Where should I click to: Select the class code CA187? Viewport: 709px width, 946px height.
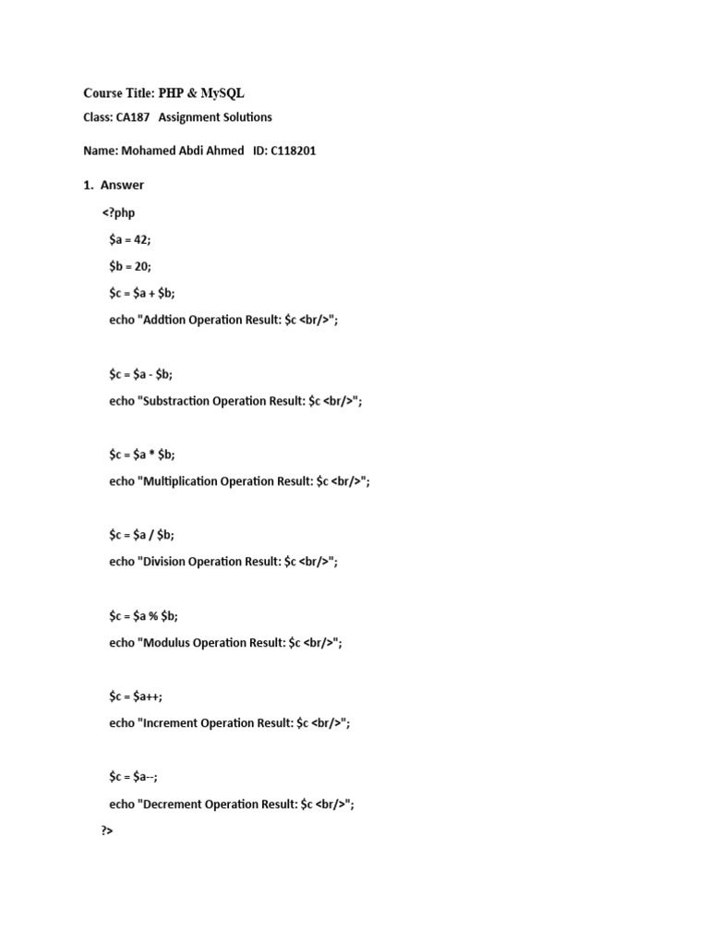(x=133, y=117)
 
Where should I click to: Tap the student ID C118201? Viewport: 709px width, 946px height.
(x=294, y=151)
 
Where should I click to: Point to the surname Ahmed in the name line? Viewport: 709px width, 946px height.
(x=222, y=151)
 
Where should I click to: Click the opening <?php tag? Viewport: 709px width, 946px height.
(x=118, y=212)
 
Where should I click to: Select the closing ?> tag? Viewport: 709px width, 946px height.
(x=107, y=831)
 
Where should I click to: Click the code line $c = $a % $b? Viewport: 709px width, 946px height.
(x=143, y=615)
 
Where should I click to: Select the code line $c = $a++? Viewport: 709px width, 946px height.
(x=135, y=696)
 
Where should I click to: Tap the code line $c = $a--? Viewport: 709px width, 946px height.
(x=133, y=777)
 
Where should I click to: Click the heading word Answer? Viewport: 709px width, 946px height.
(x=122, y=185)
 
